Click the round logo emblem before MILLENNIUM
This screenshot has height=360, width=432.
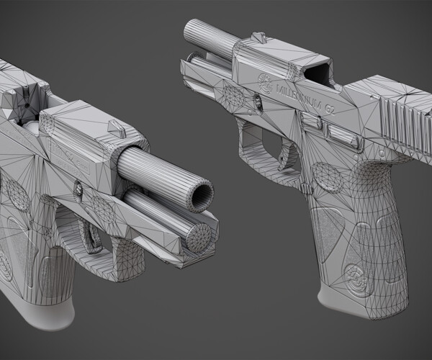pyautogui.click(x=265, y=80)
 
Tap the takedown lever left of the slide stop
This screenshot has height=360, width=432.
pyautogui.click(x=311, y=125)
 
